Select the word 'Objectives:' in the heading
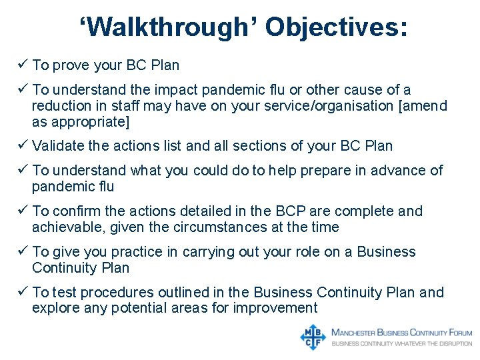coord(337,28)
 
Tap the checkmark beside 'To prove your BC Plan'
coord(23,65)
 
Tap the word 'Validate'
coord(57,145)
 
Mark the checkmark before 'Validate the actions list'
coord(23,145)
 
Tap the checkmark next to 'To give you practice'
coord(23,251)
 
